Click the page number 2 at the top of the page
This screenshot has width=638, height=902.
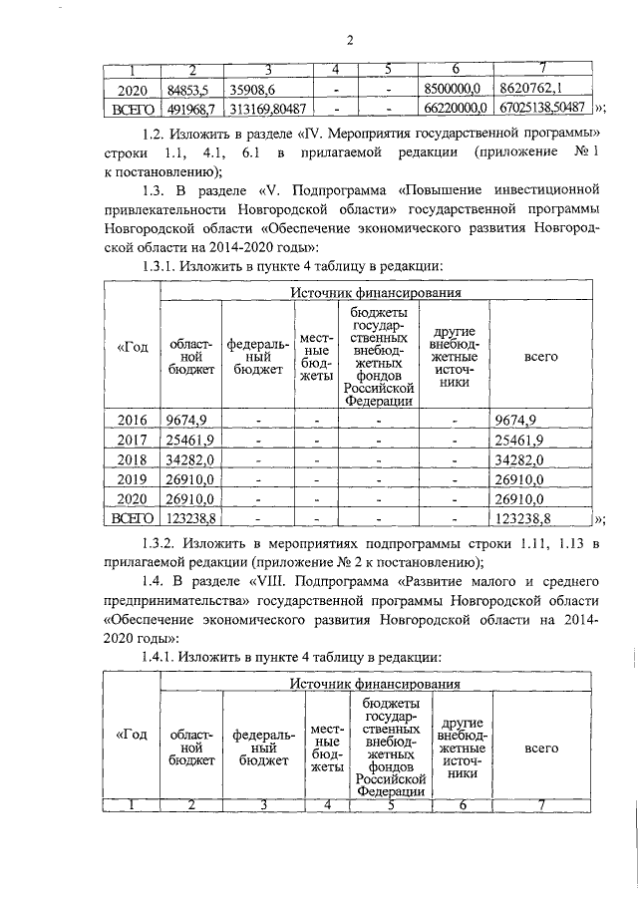pyautogui.click(x=350, y=41)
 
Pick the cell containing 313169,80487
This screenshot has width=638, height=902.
pyautogui.click(x=265, y=108)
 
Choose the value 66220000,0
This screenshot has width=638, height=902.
pyautogui.click(x=454, y=108)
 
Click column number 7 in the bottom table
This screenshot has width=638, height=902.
pyautogui.click(x=541, y=804)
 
